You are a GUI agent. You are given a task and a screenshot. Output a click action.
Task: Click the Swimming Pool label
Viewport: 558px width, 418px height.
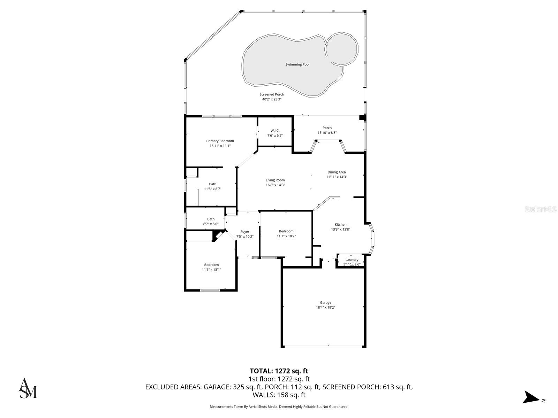point(297,64)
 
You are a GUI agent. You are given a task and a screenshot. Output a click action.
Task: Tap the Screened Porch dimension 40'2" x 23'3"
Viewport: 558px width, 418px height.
point(272,99)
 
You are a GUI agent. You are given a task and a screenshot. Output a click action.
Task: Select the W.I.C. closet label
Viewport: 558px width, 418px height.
point(275,131)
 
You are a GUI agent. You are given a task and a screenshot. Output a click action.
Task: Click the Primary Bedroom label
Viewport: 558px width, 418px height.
point(220,141)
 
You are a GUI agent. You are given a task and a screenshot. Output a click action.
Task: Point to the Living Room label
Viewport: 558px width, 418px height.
point(275,180)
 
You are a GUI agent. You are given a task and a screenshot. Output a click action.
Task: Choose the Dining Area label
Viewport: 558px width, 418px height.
point(337,172)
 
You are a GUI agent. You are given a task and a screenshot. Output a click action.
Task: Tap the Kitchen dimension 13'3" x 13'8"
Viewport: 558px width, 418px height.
point(340,230)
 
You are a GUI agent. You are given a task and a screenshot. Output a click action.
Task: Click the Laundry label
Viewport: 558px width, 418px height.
point(352,260)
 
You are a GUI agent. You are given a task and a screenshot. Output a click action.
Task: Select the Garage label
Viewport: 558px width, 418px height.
point(325,303)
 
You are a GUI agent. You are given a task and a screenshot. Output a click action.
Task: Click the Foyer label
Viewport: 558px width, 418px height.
point(245,232)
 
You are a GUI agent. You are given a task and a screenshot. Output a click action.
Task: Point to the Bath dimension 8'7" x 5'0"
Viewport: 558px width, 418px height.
point(211,224)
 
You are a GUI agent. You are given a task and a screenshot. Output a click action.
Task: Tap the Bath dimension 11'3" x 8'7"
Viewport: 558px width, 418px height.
point(213,189)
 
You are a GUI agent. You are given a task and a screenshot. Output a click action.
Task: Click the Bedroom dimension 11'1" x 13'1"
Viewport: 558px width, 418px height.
point(211,270)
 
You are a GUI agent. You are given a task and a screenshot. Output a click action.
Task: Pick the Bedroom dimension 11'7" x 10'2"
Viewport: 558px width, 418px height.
point(286,236)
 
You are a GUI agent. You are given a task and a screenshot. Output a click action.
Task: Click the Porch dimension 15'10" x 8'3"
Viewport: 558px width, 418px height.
point(327,133)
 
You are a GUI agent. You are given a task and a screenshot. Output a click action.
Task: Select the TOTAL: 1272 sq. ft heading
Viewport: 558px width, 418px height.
point(279,371)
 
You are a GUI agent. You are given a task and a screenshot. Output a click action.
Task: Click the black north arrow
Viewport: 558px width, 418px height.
point(531,397)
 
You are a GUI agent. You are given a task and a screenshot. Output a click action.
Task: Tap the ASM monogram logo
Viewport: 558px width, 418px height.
point(28,388)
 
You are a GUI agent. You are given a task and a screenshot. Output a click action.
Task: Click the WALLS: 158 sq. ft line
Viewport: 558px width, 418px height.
point(279,395)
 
